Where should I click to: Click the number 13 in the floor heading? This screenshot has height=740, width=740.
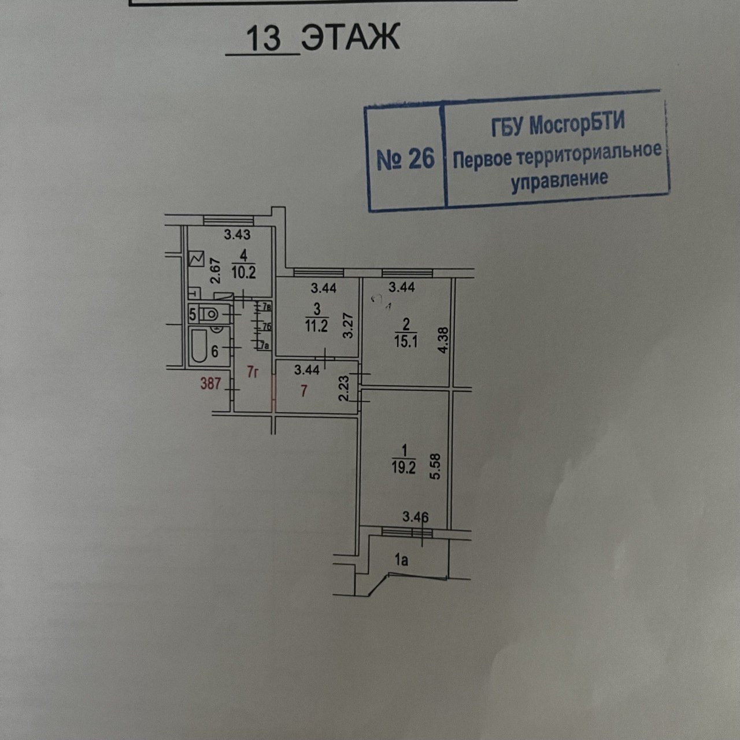(263, 39)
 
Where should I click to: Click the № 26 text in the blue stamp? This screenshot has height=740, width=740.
(405, 158)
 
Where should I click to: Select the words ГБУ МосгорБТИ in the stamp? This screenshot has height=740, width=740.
(558, 125)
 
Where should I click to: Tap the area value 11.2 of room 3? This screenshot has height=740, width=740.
(317, 326)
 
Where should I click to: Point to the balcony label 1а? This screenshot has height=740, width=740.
(401, 560)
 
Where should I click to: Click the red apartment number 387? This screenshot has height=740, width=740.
(210, 383)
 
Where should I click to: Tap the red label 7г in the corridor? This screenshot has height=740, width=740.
(252, 372)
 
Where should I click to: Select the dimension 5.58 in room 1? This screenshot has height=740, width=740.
(436, 467)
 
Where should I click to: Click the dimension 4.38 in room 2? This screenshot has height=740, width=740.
(443, 341)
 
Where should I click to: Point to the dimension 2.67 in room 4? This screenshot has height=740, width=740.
(216, 270)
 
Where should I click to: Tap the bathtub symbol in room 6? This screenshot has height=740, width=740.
(198, 346)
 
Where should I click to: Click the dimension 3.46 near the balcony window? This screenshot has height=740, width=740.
(416, 516)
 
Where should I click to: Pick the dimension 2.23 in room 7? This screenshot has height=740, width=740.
(344, 388)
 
